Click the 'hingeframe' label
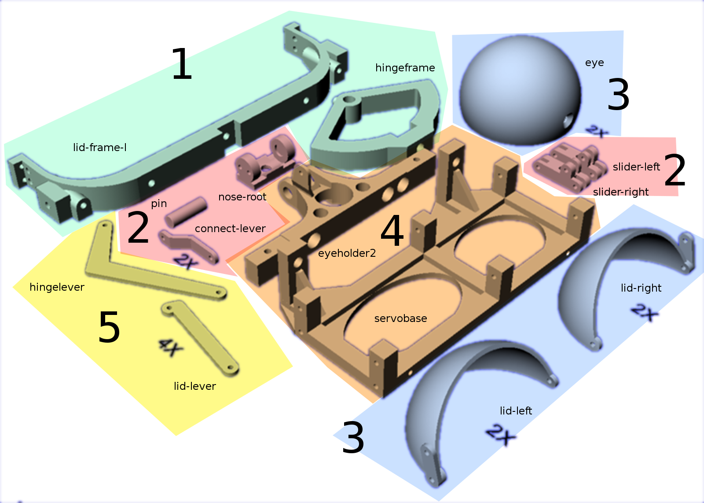pyautogui.click(x=405, y=68)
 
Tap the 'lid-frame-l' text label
pyautogui.click(x=99, y=147)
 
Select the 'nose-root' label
pyautogui.click(x=242, y=197)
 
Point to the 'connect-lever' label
pyautogui.click(x=231, y=229)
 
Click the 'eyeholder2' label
pyautogui.click(x=347, y=253)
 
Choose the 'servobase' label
pyautogui.click(x=401, y=318)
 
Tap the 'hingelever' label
pyautogui.click(x=57, y=287)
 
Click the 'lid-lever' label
pyautogui.click(x=195, y=386)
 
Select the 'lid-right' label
pyautogui.click(x=641, y=288)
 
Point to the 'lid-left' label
pyautogui.click(x=516, y=411)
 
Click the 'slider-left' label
pyautogui.click(x=636, y=167)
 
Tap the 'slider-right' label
pyautogui.click(x=621, y=192)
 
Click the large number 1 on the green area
pyautogui.click(x=182, y=63)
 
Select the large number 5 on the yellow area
pyautogui.click(x=109, y=326)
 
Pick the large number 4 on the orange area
pyautogui.click(x=392, y=230)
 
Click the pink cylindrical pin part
pyautogui.click(x=186, y=212)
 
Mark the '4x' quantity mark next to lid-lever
pyautogui.click(x=171, y=348)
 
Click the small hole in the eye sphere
pyautogui.click(x=568, y=121)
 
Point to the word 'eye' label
pyautogui.click(x=594, y=63)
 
